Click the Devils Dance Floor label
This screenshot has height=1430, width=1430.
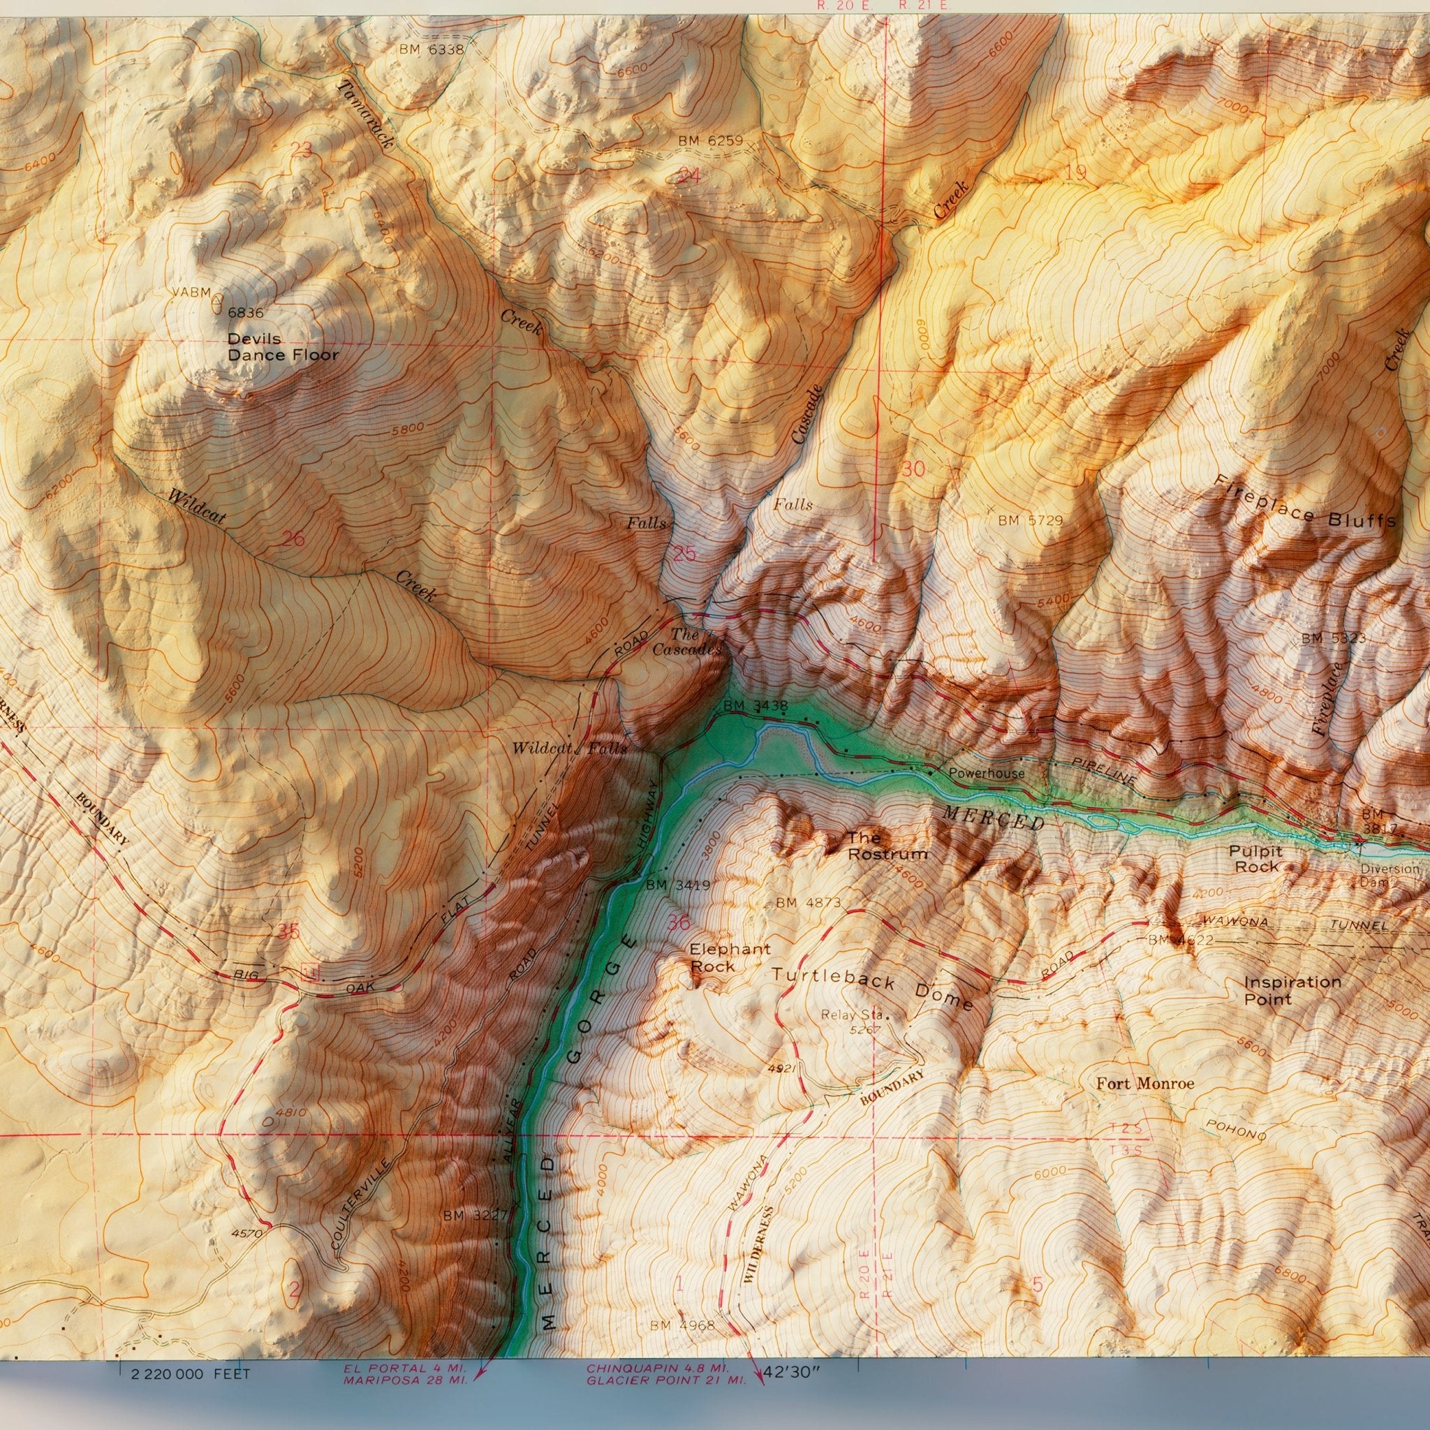(282, 346)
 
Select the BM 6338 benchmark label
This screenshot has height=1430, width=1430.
(431, 50)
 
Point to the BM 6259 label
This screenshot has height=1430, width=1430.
(710, 140)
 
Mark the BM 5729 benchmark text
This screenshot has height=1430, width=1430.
(1030, 520)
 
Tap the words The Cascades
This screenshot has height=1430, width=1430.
(686, 642)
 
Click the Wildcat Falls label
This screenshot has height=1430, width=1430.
(569, 749)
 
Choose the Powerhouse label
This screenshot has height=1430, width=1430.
(987, 774)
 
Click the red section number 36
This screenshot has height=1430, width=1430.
(679, 922)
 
